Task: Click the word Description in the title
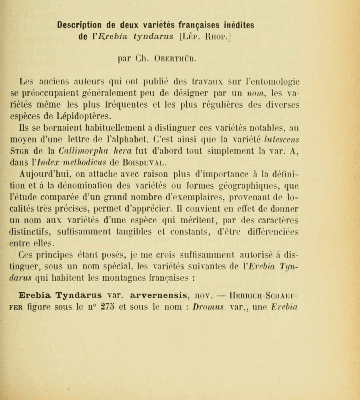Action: tap(81, 25)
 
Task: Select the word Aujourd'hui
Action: tap(42, 175)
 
